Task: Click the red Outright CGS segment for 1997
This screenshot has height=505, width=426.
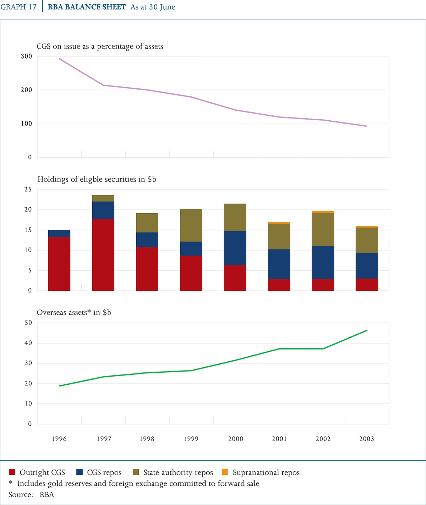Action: (x=103, y=254)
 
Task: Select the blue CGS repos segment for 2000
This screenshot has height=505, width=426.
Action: (x=235, y=248)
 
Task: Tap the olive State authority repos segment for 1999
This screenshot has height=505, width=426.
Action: (x=191, y=225)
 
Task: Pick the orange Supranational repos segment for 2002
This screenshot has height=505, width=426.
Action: (x=323, y=212)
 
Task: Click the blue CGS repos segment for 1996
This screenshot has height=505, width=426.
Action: (x=59, y=233)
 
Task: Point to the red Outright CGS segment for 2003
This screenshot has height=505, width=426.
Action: (x=367, y=285)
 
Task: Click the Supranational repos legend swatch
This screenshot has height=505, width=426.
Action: (x=225, y=472)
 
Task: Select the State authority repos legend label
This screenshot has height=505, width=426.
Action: (x=178, y=472)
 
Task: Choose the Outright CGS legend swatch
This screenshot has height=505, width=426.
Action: (x=12, y=472)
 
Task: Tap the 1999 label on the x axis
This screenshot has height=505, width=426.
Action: (x=191, y=439)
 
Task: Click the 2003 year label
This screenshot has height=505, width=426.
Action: (x=367, y=439)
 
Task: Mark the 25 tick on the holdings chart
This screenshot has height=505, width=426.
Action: (x=28, y=190)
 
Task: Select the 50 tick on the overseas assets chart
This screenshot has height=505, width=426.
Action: (x=28, y=323)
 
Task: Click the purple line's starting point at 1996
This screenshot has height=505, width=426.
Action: (x=59, y=59)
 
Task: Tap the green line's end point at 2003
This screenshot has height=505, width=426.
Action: (x=367, y=330)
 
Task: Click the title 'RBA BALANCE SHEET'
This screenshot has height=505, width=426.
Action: (x=87, y=7)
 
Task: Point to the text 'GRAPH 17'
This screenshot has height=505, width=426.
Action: (x=18, y=7)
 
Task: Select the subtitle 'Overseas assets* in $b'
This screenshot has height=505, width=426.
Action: (x=74, y=312)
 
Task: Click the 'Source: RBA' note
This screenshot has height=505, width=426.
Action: (x=31, y=494)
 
